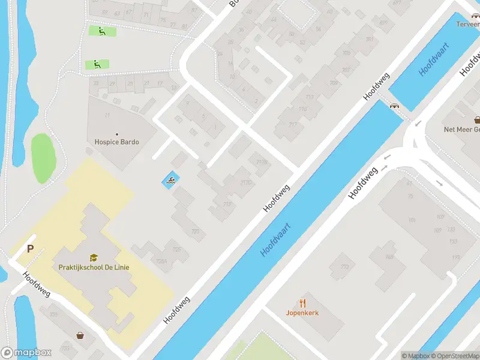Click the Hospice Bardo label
click(116, 142)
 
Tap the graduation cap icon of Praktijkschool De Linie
click(94, 257)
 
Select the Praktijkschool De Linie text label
click(94, 267)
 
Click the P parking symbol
click(28, 249)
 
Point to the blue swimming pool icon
click(170, 181)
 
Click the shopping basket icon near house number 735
click(80, 335)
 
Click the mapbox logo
click(26, 353)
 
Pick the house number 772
click(344, 266)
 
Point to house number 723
click(194, 231)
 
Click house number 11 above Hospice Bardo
click(107, 115)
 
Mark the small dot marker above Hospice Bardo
click(116, 134)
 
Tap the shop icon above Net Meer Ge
click(477, 119)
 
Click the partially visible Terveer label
click(467, 25)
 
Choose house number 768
click(389, 257)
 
